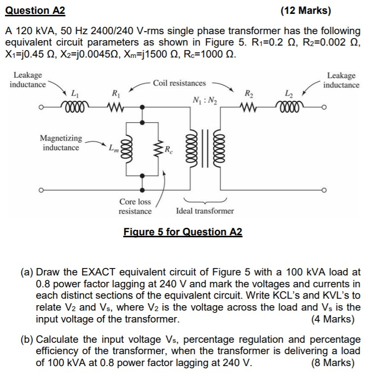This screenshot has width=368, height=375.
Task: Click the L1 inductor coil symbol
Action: (75, 106)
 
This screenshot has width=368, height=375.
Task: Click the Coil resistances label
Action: (179, 83)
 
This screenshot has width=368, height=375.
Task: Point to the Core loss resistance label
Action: (135, 207)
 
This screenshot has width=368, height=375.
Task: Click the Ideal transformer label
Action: (205, 211)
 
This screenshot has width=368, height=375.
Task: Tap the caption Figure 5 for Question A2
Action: (183, 232)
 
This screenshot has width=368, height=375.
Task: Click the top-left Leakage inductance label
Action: (28, 80)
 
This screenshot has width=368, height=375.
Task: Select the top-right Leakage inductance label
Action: (341, 80)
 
